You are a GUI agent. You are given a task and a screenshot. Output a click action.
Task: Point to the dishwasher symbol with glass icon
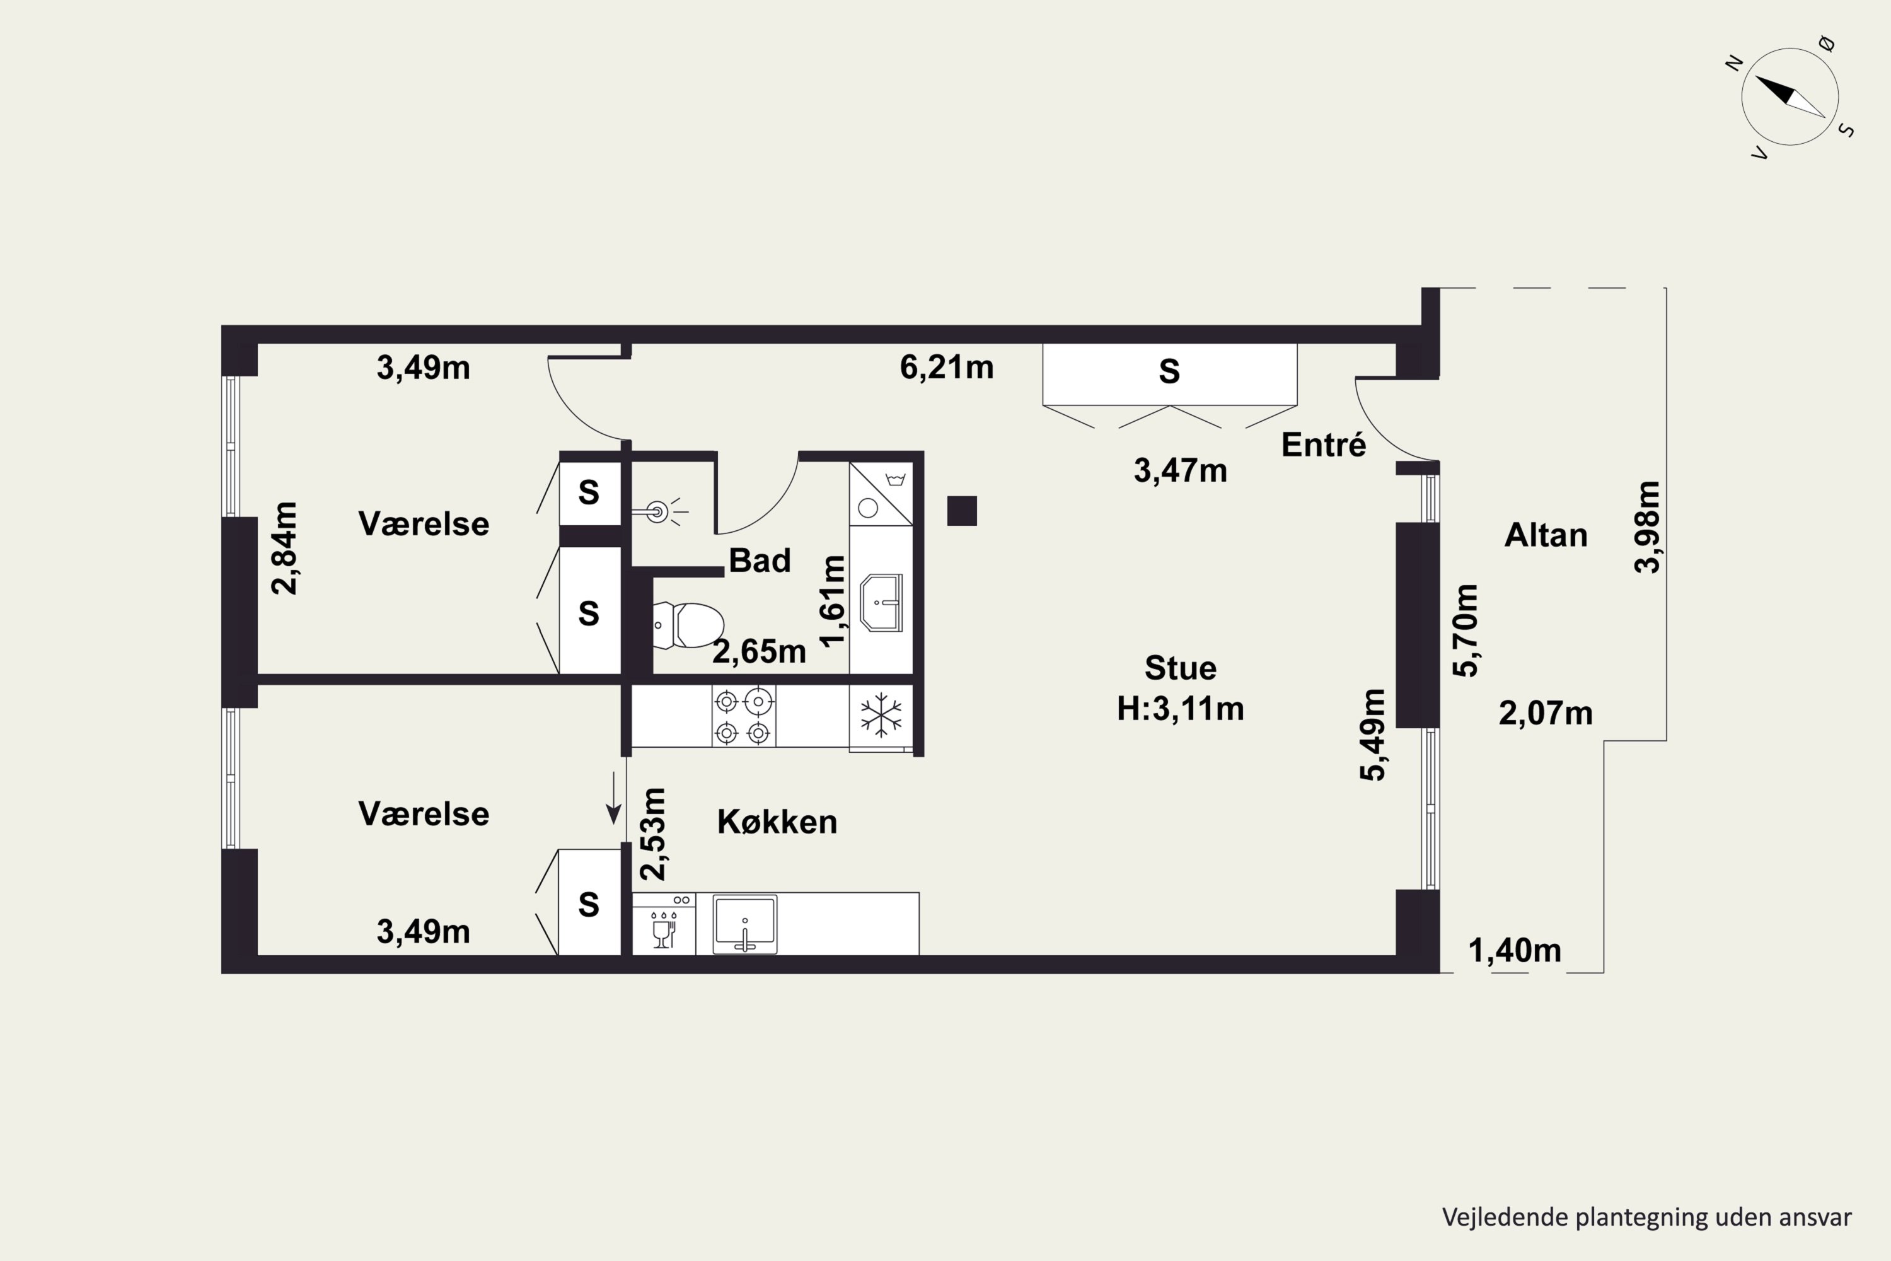tap(664, 924)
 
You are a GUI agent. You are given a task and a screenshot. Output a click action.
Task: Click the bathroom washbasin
tap(881, 602)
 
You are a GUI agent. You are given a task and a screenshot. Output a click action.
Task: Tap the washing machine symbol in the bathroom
tap(881, 494)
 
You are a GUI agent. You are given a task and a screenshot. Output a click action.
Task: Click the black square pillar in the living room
tap(962, 511)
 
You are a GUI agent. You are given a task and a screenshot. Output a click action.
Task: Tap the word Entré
tap(1323, 445)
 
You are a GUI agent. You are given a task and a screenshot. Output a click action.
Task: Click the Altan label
tap(1546, 535)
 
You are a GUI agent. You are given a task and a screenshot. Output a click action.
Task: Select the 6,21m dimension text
tap(946, 368)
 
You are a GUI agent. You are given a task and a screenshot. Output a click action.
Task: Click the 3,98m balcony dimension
tap(1646, 526)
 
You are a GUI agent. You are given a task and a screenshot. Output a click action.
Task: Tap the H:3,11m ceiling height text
tap(1180, 709)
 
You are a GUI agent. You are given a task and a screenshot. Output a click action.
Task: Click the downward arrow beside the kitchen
tap(613, 798)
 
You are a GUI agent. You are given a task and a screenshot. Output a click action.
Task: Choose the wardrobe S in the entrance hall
tap(1169, 371)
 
